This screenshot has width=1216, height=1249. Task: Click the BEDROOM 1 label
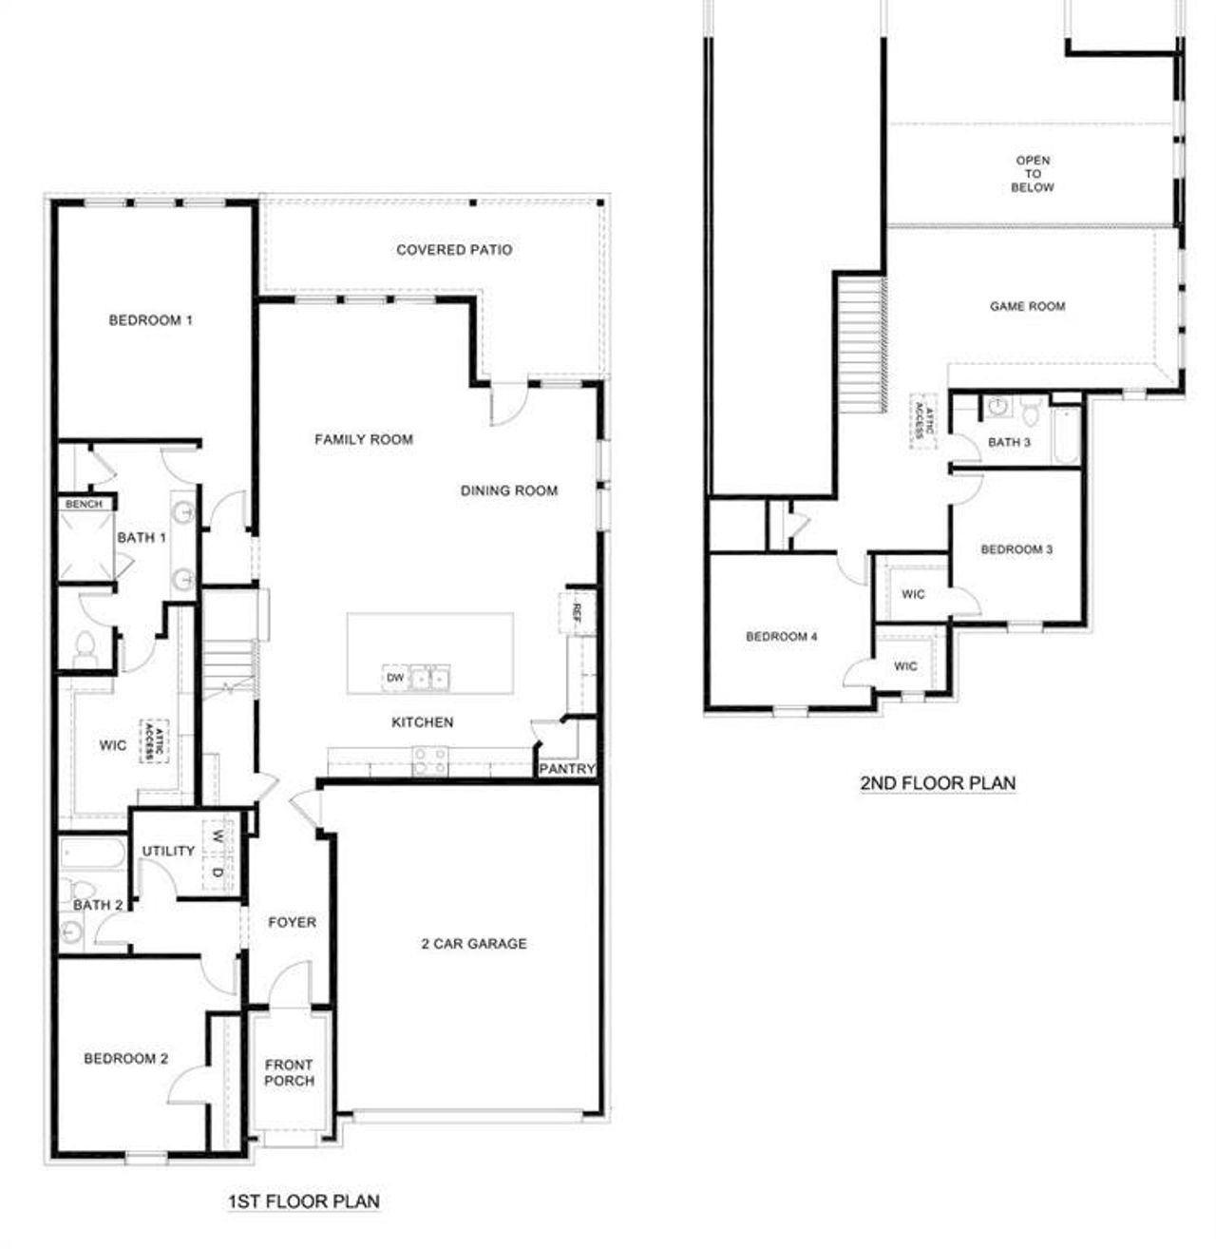click(150, 320)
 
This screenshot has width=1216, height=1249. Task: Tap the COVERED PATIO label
click(454, 250)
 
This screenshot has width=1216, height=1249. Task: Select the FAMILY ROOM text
click(364, 439)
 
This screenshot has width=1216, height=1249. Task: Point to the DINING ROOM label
click(509, 490)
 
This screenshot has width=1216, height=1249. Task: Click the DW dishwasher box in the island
click(395, 678)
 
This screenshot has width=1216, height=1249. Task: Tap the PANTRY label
click(567, 768)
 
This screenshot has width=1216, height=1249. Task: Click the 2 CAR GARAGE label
click(473, 944)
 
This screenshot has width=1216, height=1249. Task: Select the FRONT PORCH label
click(289, 1072)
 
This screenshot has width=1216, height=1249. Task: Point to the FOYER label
click(292, 922)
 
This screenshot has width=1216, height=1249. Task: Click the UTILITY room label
click(168, 851)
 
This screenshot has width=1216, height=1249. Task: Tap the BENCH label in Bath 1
click(84, 504)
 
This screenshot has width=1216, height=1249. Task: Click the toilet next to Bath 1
click(85, 645)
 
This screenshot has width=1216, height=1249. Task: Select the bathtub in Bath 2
click(92, 853)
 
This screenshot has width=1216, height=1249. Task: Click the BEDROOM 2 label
click(126, 1058)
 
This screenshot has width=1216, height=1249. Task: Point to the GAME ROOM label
click(1027, 306)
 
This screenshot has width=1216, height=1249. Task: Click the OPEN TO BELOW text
click(1033, 174)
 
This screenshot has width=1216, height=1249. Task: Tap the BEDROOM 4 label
click(781, 636)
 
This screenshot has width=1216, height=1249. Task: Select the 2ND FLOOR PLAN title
click(938, 783)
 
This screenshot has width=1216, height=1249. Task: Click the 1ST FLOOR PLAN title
click(304, 1201)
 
